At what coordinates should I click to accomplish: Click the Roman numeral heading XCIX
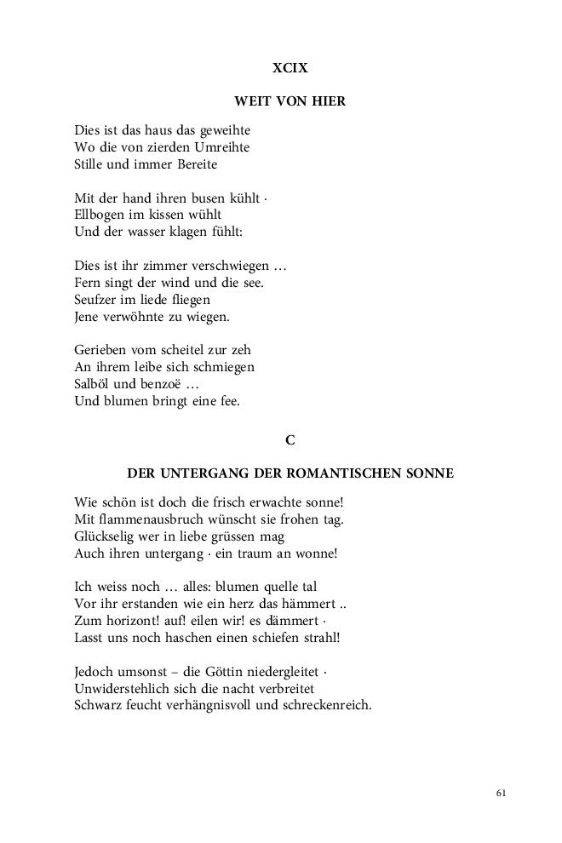click(290, 68)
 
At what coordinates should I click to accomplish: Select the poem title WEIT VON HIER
click(290, 101)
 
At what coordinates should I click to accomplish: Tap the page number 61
click(501, 793)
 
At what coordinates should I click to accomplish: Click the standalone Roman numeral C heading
click(290, 439)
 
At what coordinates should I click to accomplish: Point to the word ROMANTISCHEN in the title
click(355, 473)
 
